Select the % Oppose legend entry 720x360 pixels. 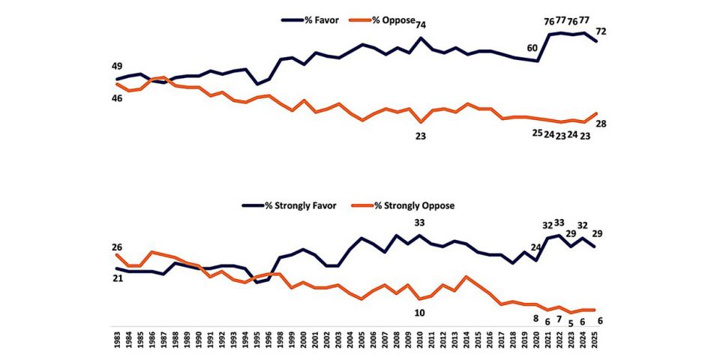point(382,20)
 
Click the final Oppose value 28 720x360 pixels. point(601,123)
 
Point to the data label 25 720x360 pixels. point(537,133)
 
